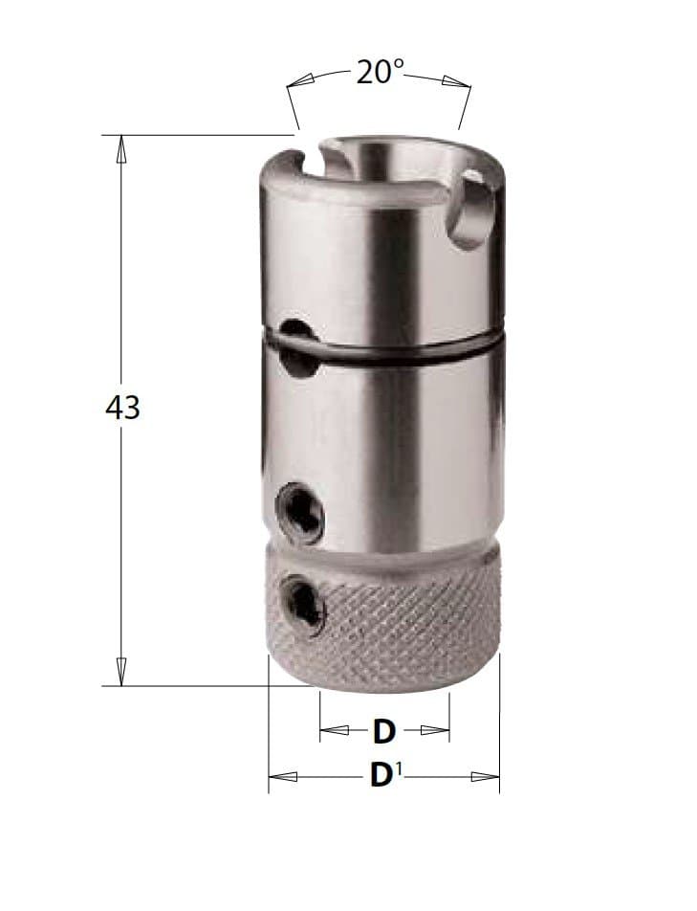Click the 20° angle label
[x=379, y=72]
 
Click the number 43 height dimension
[x=122, y=408]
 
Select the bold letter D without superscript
[x=383, y=731]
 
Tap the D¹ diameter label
[x=386, y=776]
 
